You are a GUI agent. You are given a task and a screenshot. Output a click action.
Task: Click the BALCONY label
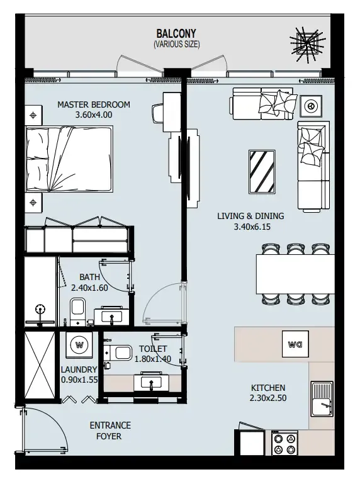click(x=176, y=33)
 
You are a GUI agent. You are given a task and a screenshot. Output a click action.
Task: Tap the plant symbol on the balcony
click(x=307, y=43)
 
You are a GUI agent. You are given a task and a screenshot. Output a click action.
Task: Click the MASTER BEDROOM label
click(x=94, y=104)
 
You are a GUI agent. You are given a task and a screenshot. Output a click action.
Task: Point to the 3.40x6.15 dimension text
click(x=252, y=227)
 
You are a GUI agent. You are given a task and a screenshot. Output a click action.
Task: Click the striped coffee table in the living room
click(x=262, y=172)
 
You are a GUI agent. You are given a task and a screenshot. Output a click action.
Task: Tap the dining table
click(x=295, y=274)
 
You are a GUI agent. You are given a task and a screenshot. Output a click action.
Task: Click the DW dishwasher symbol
click(x=295, y=344)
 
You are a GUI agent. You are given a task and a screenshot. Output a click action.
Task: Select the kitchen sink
click(x=322, y=398)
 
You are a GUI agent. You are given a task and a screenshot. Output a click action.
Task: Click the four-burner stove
click(x=284, y=443)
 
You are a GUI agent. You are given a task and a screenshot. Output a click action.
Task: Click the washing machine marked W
click(x=79, y=345)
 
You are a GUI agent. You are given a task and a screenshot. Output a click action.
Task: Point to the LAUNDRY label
click(x=79, y=369)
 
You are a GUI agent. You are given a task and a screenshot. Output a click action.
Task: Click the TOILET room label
click(x=153, y=349)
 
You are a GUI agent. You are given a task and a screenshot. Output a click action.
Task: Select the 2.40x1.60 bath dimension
click(x=89, y=288)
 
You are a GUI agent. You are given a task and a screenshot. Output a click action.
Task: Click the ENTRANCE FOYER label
click(x=110, y=431)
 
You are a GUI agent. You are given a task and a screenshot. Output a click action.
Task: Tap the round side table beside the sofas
click(x=311, y=106)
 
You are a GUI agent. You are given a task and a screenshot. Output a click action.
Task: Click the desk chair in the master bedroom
click(x=157, y=113)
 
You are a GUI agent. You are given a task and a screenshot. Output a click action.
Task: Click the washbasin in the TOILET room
click(x=151, y=381)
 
